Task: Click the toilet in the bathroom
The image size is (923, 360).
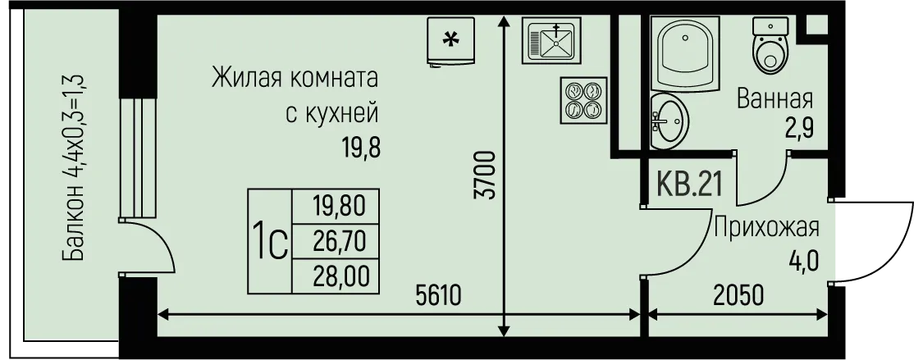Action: (770, 45)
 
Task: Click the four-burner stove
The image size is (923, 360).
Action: (583, 100)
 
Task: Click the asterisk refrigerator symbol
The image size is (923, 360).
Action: (451, 41)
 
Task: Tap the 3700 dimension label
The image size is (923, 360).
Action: (488, 175)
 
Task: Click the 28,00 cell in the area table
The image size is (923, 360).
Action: (336, 276)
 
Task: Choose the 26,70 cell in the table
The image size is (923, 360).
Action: (336, 241)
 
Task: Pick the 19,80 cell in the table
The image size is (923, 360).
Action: (336, 207)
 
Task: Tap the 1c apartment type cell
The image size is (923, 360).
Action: (270, 241)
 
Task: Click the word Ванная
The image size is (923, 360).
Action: (774, 99)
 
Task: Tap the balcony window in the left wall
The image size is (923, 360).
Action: (139, 159)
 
